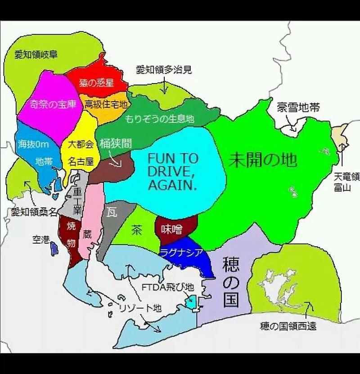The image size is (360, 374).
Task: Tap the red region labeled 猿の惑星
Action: (96, 83)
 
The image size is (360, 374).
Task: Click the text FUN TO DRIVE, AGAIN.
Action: (173, 172)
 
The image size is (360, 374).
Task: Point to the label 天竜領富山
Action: (346, 182)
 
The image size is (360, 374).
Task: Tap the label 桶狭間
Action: (116, 143)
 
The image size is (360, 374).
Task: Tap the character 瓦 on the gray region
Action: (112, 213)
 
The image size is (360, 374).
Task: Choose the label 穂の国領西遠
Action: (288, 325)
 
